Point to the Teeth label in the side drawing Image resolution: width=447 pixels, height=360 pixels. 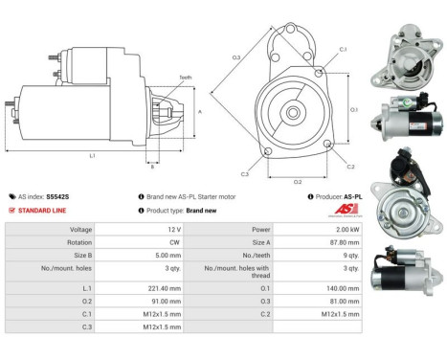[x=185, y=78]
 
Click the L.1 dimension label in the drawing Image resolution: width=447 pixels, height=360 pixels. [x=92, y=155]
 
